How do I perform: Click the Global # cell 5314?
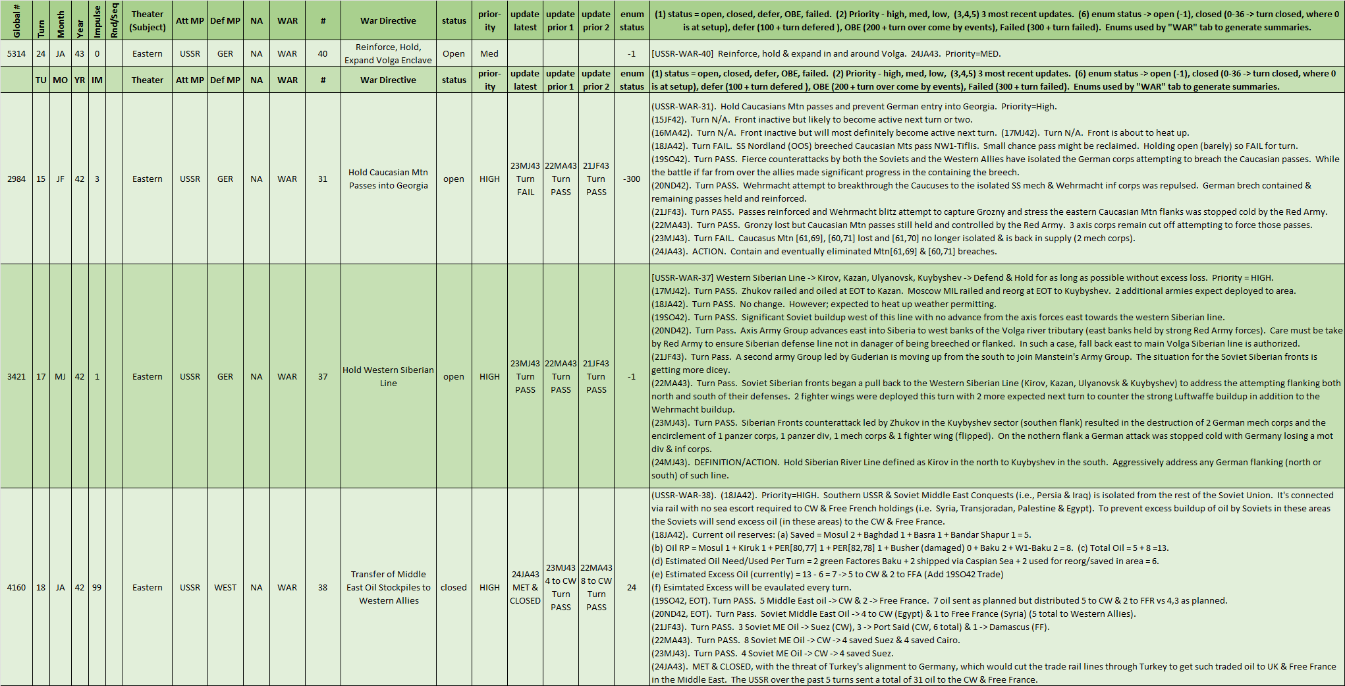tap(16, 53)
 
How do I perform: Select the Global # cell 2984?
tap(16, 179)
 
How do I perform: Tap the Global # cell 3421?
tap(16, 376)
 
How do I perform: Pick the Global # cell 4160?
tap(16, 587)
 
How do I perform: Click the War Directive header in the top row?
tap(388, 20)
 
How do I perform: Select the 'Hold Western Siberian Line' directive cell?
tap(388, 376)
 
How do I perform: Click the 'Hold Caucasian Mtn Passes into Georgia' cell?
tap(388, 179)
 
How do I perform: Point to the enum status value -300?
tap(632, 179)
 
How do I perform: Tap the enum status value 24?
tap(632, 587)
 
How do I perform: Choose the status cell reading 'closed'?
tap(454, 587)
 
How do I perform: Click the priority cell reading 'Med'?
tap(489, 53)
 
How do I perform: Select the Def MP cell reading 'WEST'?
tap(225, 587)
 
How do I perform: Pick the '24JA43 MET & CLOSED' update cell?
tap(525, 587)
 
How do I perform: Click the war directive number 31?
tap(323, 179)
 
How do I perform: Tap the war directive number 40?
tap(323, 53)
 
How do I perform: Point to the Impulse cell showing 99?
tap(97, 587)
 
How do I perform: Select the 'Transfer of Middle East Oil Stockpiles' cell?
tap(388, 587)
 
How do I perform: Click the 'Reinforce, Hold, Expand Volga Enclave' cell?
tap(388, 53)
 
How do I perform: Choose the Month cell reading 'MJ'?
tap(60, 376)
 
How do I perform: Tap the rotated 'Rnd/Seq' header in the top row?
tap(114, 20)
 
